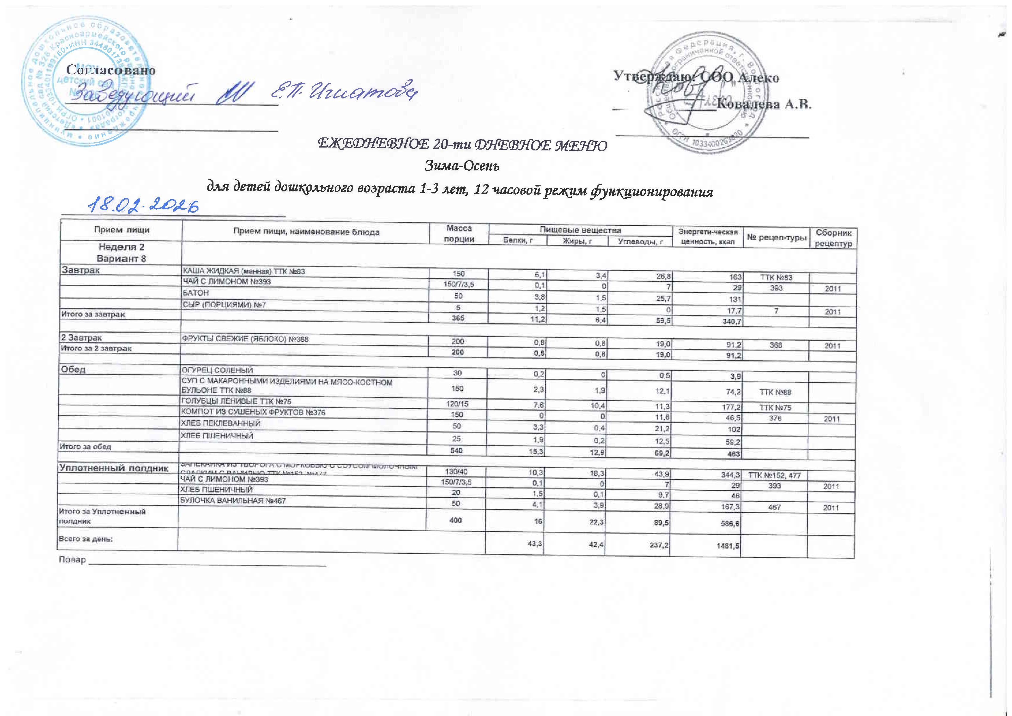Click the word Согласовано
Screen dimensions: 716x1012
(110, 70)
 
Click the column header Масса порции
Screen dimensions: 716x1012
(459, 233)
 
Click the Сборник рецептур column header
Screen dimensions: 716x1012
(833, 238)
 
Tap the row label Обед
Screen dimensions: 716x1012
(74, 369)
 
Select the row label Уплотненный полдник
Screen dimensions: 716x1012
(114, 468)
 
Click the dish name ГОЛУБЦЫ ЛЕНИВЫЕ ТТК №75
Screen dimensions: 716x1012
(236, 402)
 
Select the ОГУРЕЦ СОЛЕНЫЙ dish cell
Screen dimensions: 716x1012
(218, 370)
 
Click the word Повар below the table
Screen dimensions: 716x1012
(73, 560)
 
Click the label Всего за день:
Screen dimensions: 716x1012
(86, 539)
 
